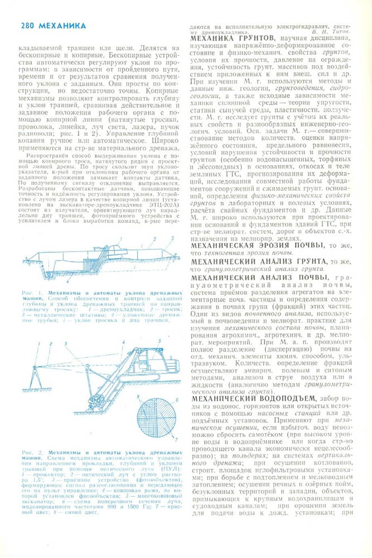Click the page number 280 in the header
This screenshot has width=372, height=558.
(28, 25)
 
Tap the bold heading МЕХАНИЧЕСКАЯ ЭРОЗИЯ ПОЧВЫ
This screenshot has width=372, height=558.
(256, 245)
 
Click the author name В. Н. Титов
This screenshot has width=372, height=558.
(335, 31)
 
